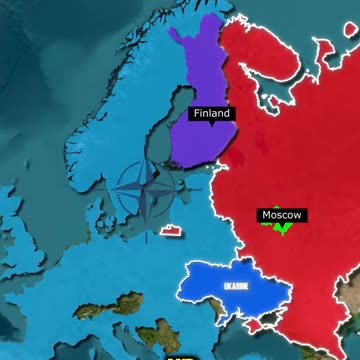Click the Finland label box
211,114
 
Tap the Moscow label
282,214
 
